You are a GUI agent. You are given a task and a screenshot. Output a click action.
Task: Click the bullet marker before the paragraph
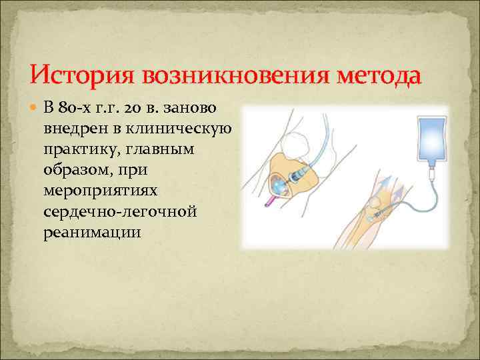pyautogui.click(x=36, y=108)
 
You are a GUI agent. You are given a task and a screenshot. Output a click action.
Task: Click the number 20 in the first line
pyautogui.click(x=150, y=108)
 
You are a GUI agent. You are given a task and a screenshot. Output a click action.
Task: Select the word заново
pyautogui.click(x=201, y=108)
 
